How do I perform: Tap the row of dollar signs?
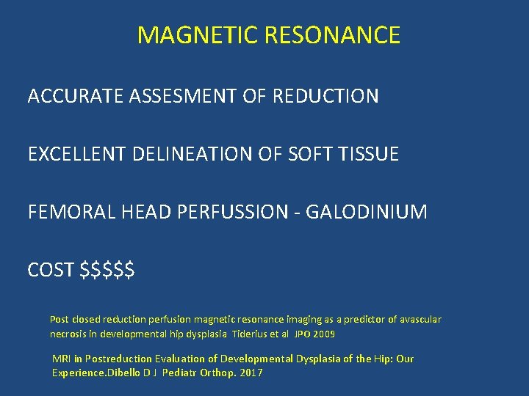click(x=107, y=271)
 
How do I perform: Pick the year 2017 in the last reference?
click(x=251, y=373)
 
